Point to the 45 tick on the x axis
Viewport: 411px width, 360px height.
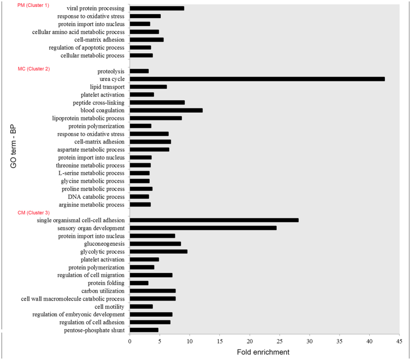(x=400, y=341)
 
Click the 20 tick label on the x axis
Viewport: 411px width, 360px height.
(x=250, y=341)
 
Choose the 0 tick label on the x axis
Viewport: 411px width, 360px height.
(x=130, y=341)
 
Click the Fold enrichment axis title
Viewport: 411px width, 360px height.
(x=264, y=353)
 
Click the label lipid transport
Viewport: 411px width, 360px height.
(x=107, y=87)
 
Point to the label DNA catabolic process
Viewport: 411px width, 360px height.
(x=96, y=197)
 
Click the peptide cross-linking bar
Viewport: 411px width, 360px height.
(x=157, y=102)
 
